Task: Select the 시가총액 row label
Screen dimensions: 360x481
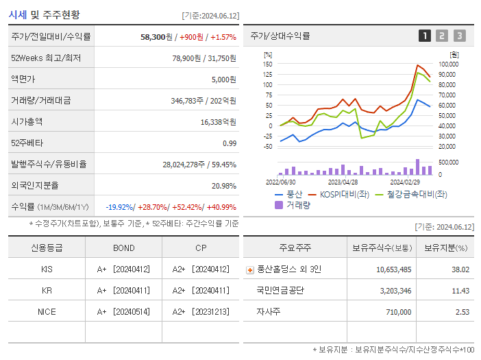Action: click(x=27, y=121)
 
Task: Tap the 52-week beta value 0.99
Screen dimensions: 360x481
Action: click(x=229, y=143)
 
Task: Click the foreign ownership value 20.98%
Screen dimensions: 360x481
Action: click(x=223, y=185)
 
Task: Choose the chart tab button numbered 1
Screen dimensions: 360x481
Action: click(x=425, y=36)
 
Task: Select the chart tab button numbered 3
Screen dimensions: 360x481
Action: click(x=459, y=36)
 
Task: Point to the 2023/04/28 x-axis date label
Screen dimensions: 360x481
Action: click(x=343, y=182)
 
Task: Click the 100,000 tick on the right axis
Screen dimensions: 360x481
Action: click(x=448, y=64)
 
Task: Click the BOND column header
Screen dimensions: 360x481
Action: click(x=123, y=248)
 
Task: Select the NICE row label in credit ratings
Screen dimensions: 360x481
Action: click(x=47, y=311)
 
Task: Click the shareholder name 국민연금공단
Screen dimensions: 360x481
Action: click(x=280, y=290)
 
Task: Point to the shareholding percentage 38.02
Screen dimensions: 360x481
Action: click(x=460, y=269)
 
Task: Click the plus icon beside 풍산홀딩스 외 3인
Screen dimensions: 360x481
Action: click(x=249, y=270)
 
